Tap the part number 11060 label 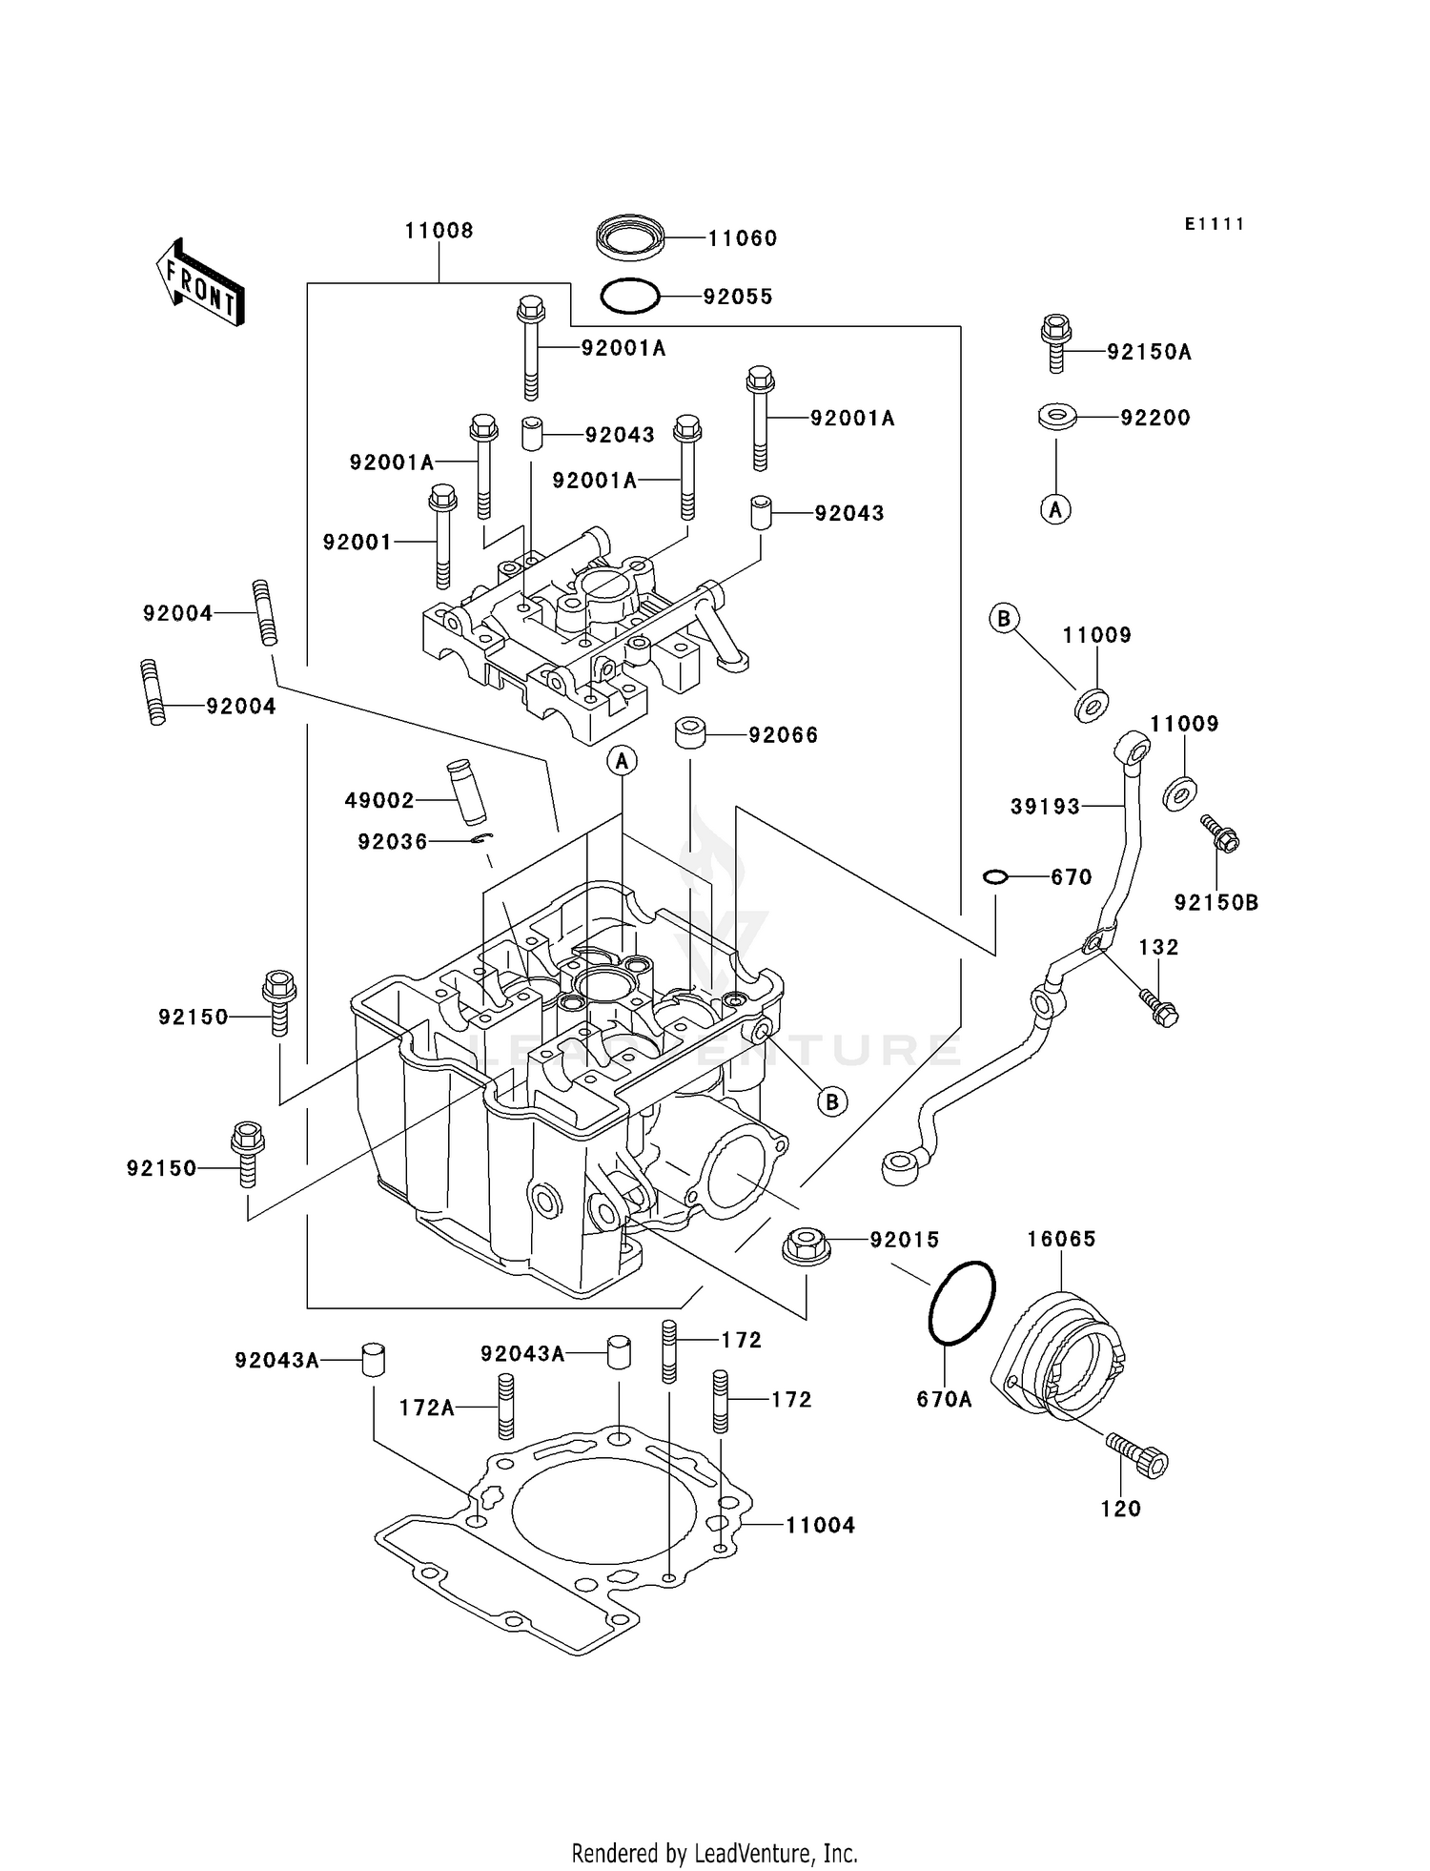742,238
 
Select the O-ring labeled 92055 629,296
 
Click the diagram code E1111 1215,224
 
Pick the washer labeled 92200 1056,417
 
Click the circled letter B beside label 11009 1003,619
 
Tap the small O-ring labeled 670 994,876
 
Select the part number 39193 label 1045,807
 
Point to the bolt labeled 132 1159,1008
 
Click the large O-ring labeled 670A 961,1303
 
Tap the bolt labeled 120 1139,1456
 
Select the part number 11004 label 820,1525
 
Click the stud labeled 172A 506,1406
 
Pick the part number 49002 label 379,801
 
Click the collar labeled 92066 690,734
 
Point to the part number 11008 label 439,231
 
